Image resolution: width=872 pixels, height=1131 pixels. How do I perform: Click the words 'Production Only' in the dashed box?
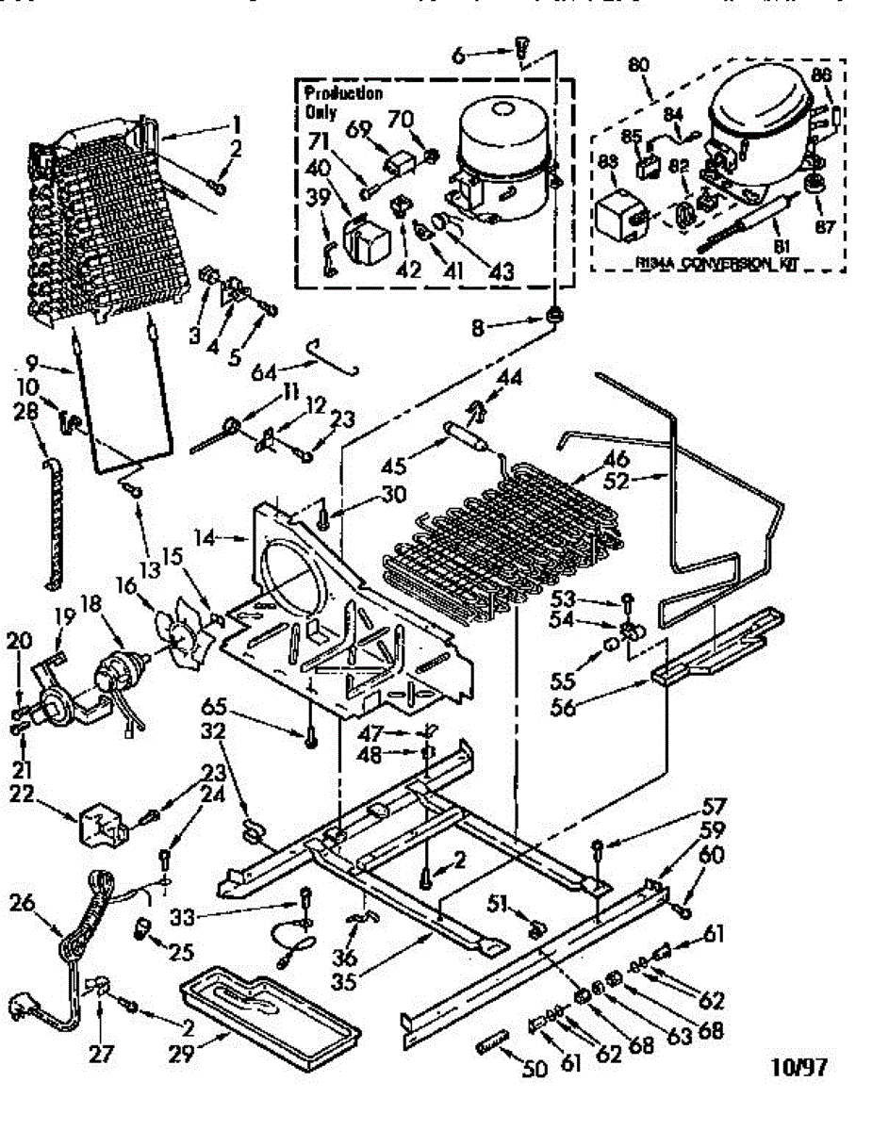(329, 102)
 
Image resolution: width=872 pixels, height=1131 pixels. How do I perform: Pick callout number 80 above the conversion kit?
(638, 65)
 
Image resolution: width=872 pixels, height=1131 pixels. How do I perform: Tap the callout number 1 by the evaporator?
(238, 123)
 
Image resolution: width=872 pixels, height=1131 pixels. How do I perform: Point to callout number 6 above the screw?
(459, 56)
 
